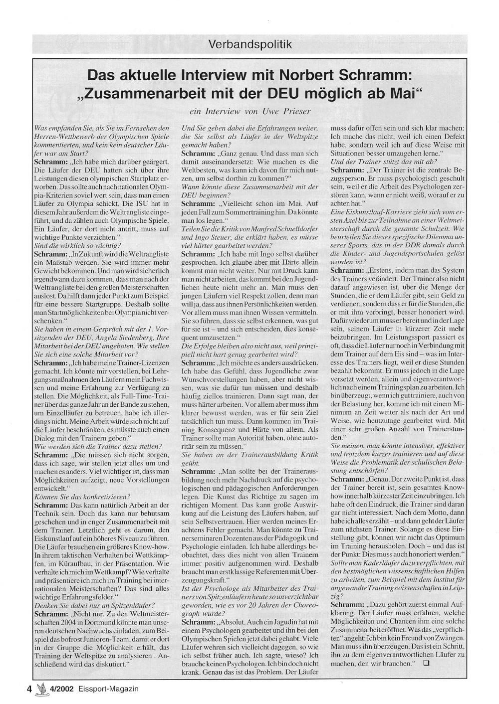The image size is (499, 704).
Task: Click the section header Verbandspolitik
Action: click(x=250, y=44)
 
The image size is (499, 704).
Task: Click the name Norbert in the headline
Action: click(x=310, y=76)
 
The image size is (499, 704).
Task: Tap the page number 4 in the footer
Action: click(x=29, y=689)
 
